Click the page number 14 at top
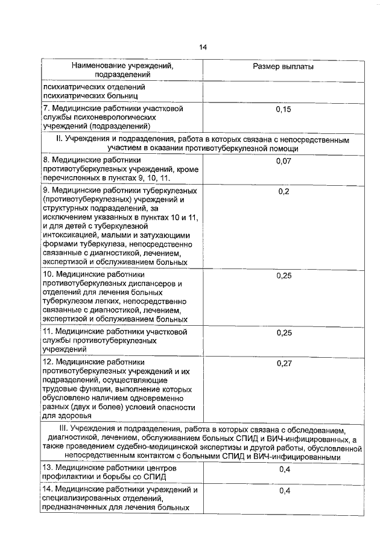pos(203,48)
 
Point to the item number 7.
pos(45,109)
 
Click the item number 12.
pos(47,362)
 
